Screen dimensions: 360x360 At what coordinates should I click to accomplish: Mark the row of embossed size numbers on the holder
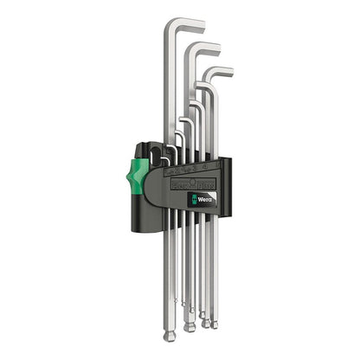coord(186,166)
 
